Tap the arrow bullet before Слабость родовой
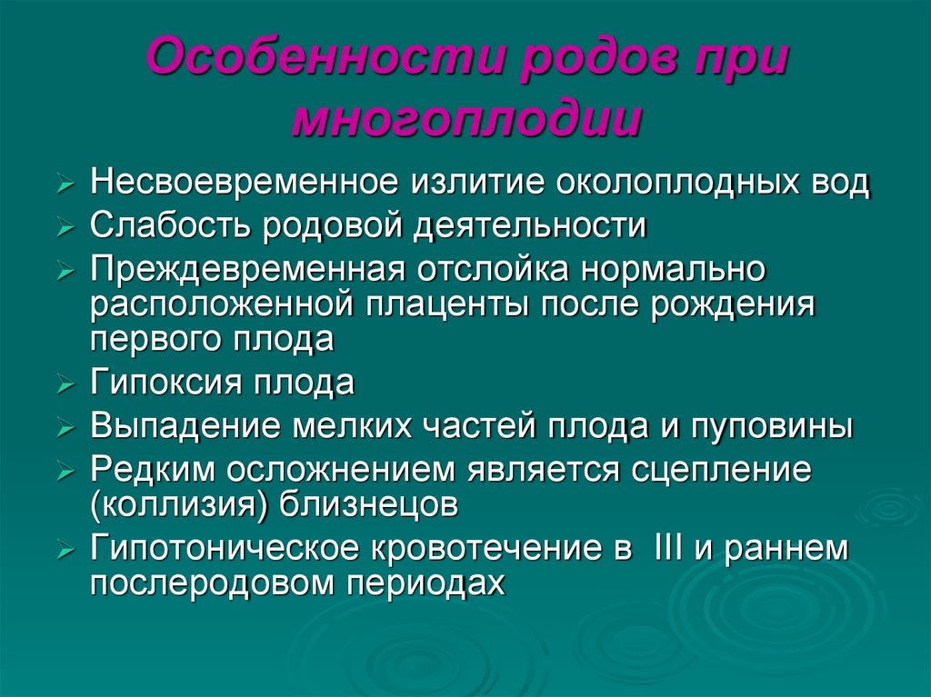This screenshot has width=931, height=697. [x=64, y=228]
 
